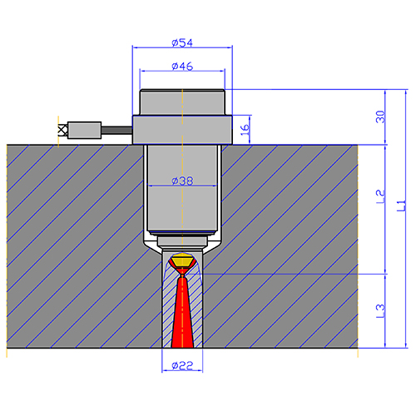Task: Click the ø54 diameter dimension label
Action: tap(182, 42)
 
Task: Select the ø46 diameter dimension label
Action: tap(182, 66)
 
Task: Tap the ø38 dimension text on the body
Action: tap(182, 181)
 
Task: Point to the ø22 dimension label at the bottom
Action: tap(182, 365)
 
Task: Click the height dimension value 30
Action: tap(380, 116)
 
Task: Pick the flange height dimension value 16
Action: tap(245, 130)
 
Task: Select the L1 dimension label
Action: tap(401, 206)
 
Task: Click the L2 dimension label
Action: tap(380, 197)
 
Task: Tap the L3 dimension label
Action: tap(380, 311)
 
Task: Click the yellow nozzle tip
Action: tap(182, 261)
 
